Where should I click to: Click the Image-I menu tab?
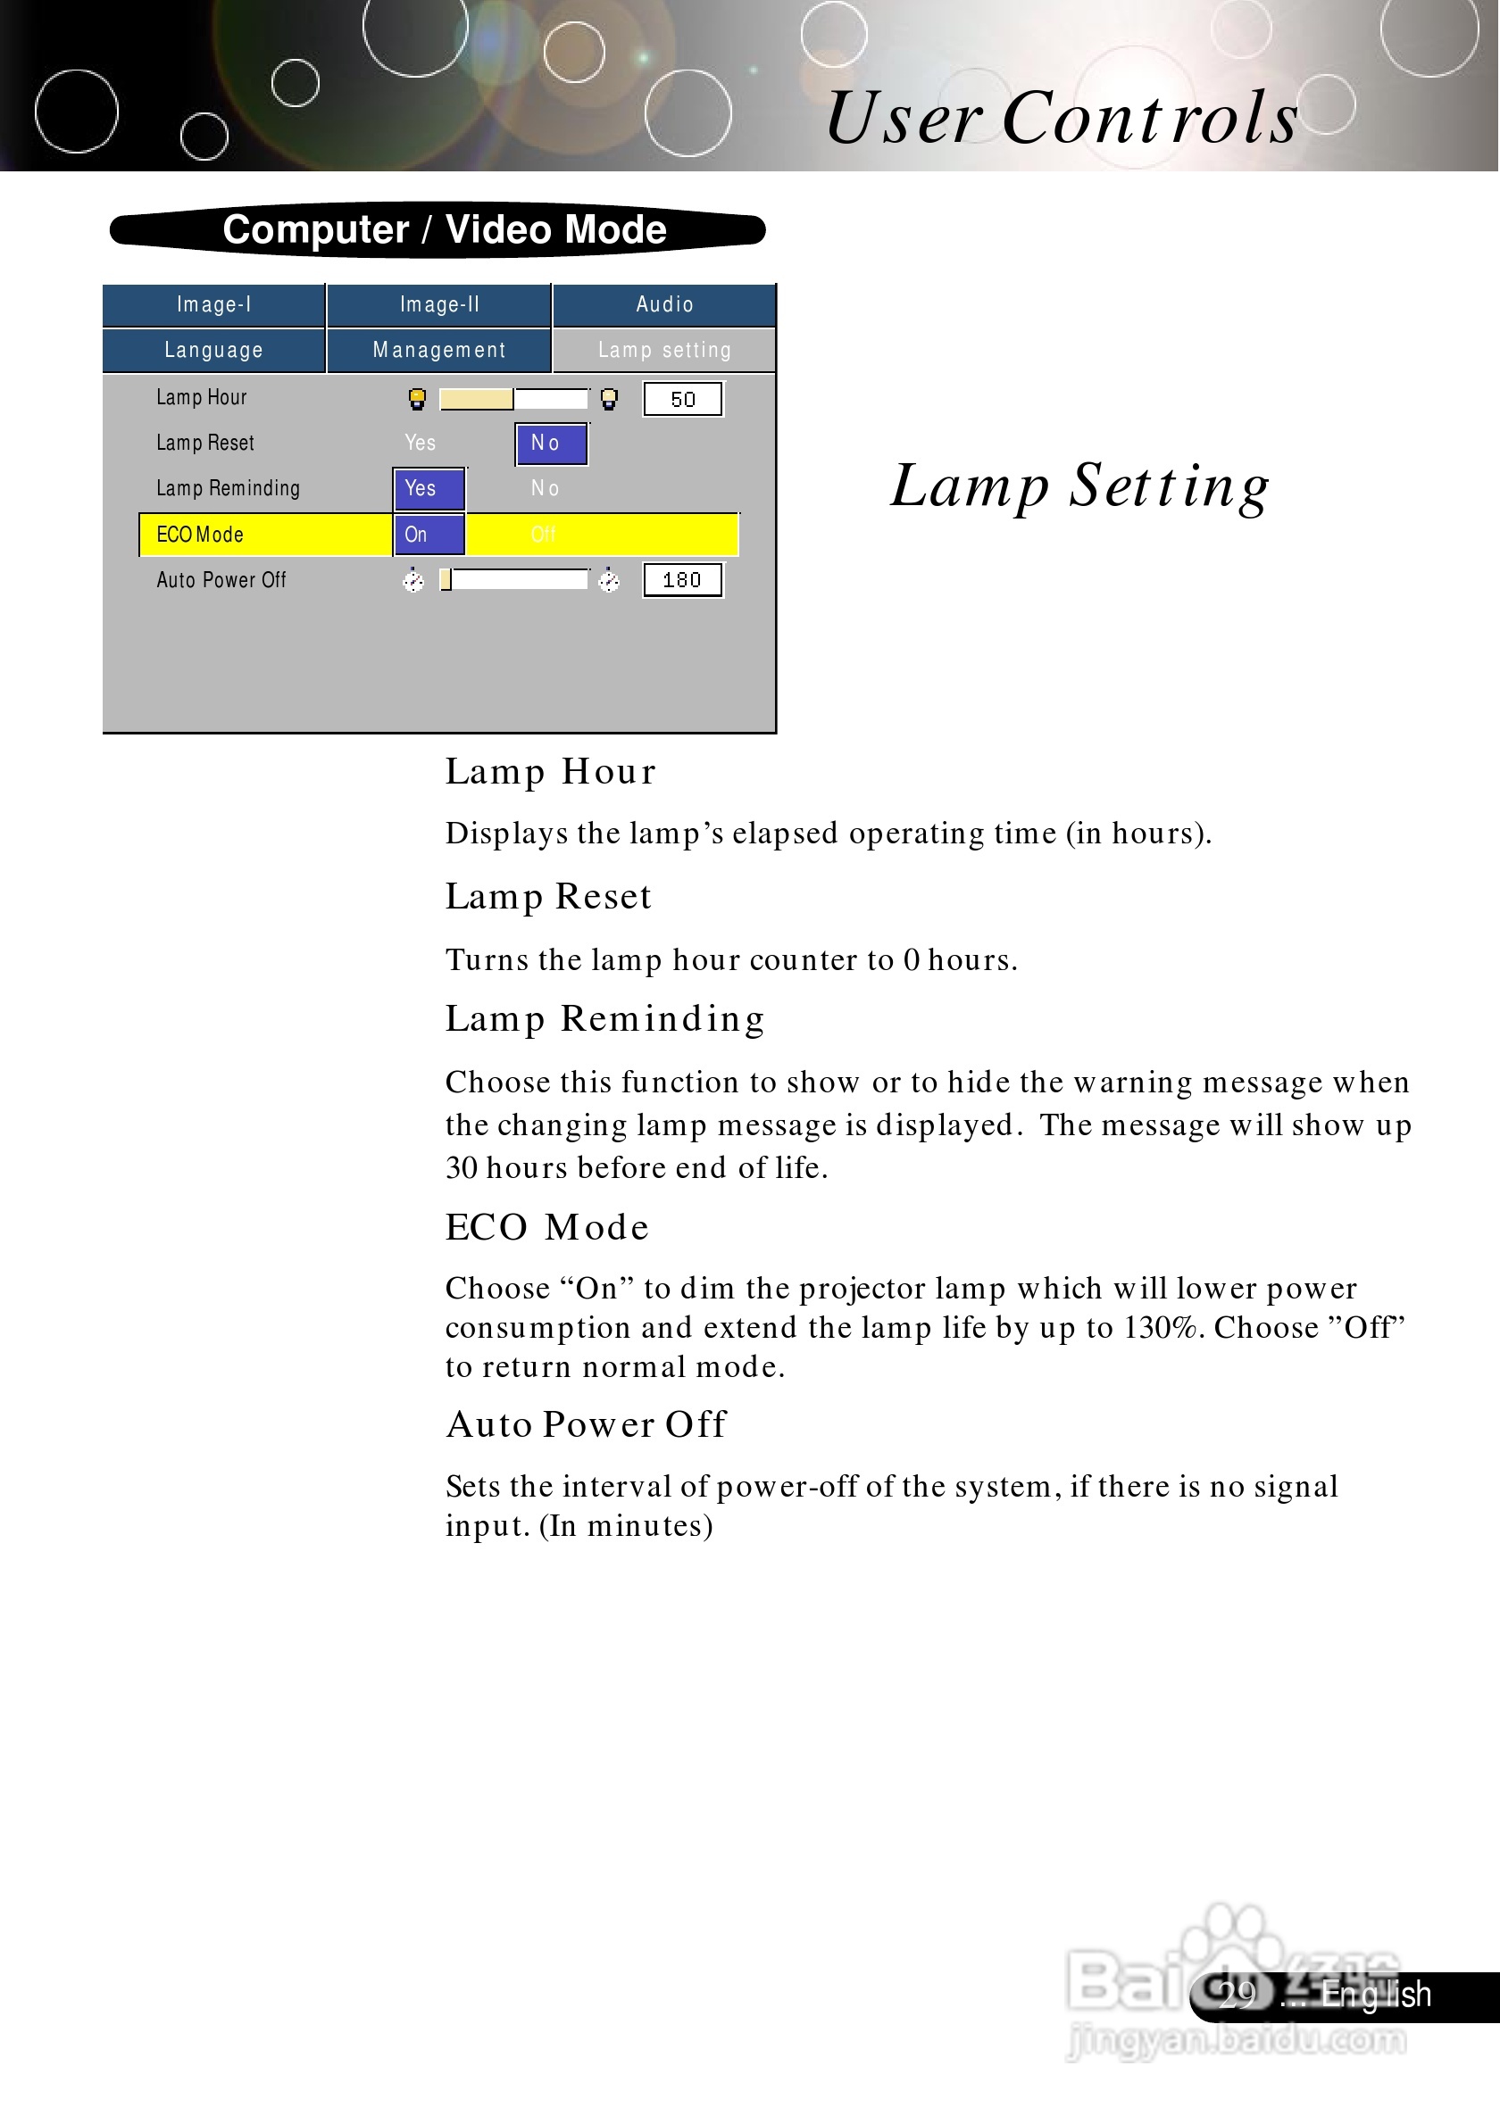click(213, 304)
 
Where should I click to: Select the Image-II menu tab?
click(438, 304)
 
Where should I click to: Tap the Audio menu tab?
click(664, 304)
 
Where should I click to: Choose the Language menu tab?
click(213, 350)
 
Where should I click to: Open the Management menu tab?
click(438, 350)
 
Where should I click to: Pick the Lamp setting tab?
click(664, 350)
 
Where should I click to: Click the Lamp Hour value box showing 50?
click(683, 399)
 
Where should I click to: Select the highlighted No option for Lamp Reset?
click(551, 444)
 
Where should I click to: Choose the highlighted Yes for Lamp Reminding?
click(429, 488)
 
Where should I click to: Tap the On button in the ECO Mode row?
click(429, 535)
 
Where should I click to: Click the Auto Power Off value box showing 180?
click(682, 580)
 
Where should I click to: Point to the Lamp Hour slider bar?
click(513, 399)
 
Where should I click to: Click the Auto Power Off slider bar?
click(513, 580)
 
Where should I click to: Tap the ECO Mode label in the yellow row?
click(200, 535)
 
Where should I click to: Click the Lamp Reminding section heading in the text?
click(605, 1018)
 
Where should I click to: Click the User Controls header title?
click(1062, 118)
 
